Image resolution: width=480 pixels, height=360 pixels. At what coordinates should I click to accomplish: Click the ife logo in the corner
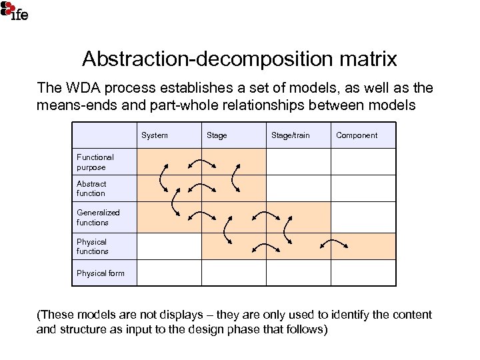point(14,11)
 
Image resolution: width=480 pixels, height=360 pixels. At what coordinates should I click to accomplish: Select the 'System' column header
point(155,135)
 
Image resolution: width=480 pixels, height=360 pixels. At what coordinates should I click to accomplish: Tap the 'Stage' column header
point(217,135)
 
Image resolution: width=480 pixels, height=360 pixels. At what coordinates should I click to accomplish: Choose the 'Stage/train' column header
point(290,135)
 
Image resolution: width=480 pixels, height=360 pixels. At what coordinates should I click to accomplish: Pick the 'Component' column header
point(357,135)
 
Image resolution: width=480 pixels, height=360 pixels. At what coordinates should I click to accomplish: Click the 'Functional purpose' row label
point(95,162)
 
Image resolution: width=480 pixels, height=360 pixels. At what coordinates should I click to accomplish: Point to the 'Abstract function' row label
point(91,189)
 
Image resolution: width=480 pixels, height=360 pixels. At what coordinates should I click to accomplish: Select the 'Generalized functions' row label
point(98,217)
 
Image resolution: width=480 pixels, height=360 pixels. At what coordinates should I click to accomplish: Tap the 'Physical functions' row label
point(92,247)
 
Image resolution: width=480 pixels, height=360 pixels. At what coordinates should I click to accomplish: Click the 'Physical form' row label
point(100,273)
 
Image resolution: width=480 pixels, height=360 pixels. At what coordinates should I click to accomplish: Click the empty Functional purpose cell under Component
point(363,161)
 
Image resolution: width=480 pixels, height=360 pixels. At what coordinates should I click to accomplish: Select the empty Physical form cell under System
point(169,273)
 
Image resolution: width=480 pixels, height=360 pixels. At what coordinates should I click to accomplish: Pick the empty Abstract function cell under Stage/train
point(299,188)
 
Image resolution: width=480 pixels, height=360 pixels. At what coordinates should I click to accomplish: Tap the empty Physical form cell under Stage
point(234,273)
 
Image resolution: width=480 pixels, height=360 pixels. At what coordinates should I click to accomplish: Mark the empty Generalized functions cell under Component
point(363,217)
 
